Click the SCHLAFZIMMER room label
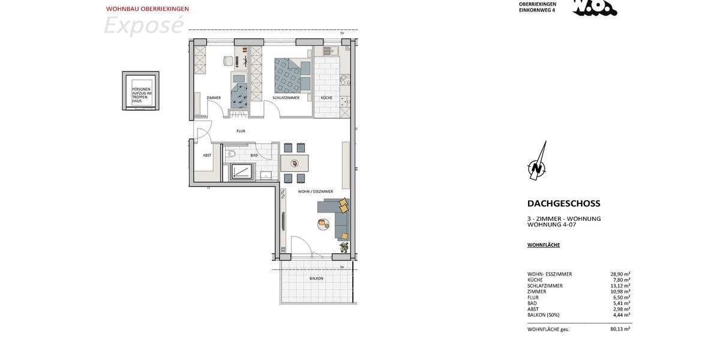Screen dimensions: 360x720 (286, 98)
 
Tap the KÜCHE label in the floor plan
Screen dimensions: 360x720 (326, 98)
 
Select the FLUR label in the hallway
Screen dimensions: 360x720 (241, 131)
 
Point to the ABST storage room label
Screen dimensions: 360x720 (207, 155)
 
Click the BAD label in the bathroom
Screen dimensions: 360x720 (254, 155)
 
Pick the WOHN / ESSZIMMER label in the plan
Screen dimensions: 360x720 (315, 191)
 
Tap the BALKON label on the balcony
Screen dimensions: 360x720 (316, 278)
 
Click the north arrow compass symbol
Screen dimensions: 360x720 (537, 162)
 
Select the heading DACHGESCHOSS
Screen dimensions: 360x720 (563, 203)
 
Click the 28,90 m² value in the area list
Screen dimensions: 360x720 (620, 274)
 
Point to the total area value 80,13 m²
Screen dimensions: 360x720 (620, 329)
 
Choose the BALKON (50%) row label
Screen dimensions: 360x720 (543, 315)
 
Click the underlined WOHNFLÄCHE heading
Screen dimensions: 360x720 (544, 245)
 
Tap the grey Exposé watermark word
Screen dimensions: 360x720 (143, 26)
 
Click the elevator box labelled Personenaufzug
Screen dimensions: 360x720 (141, 91)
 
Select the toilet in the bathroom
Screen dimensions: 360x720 (230, 154)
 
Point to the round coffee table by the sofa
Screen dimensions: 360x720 (323, 224)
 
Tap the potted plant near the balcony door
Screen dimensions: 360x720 (344, 247)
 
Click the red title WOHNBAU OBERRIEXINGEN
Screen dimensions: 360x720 (148, 9)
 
